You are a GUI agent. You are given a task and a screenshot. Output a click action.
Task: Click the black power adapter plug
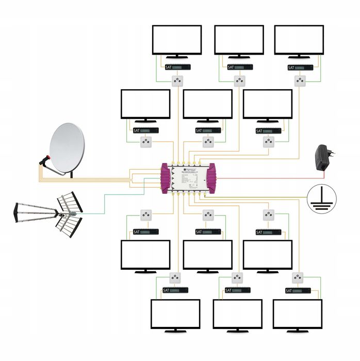(323, 154)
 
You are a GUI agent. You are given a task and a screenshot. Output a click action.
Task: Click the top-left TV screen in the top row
(176, 40)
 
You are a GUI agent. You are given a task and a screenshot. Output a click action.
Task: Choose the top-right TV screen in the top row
(299, 40)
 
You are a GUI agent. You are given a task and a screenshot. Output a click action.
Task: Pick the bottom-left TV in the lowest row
(175, 314)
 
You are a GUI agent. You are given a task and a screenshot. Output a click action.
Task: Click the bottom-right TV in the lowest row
(297, 314)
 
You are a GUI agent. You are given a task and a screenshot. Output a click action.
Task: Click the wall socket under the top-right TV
(300, 80)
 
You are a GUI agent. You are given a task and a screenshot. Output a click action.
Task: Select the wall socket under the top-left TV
(177, 80)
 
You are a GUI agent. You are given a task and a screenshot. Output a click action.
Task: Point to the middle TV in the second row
(207, 104)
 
